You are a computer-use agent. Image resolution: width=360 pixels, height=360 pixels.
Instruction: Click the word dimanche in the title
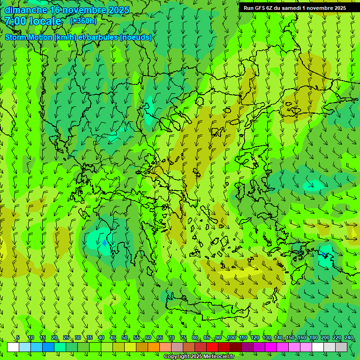[x=26, y=9]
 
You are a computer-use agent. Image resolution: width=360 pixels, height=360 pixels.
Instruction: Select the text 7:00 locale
[x=33, y=21]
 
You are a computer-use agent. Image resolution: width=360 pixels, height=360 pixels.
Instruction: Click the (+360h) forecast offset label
[x=83, y=21]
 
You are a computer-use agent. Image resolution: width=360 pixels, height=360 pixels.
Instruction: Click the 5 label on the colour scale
[x=18, y=338]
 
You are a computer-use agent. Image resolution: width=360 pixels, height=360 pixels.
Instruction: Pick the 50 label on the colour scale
[x=125, y=338]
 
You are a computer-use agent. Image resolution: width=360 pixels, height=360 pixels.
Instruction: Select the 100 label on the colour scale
[x=232, y=338]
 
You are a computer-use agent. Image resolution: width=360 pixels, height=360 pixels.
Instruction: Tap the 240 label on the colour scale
[x=349, y=338]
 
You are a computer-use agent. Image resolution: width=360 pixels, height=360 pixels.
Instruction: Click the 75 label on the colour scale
[x=183, y=338]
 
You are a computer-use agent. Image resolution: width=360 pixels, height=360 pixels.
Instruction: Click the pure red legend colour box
[x=212, y=347]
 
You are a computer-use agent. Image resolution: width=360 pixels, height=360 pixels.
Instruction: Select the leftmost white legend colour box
[x=13, y=347]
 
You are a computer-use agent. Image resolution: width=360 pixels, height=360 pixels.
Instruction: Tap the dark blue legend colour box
[x=48, y=347]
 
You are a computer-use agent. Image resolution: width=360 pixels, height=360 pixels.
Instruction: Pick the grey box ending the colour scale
[x=341, y=347]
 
